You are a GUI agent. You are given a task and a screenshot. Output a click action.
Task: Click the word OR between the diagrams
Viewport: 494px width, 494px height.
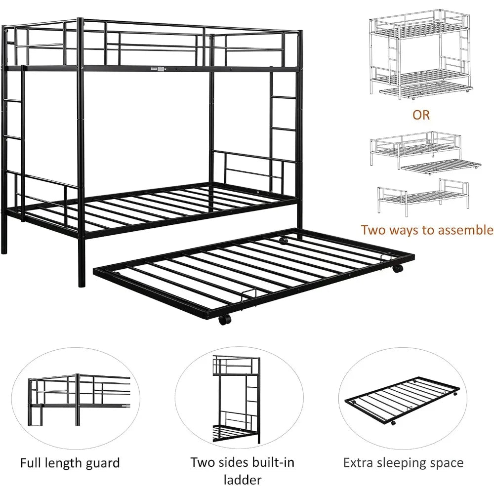click(421, 115)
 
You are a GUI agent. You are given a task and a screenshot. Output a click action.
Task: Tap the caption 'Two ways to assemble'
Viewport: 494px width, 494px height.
click(427, 230)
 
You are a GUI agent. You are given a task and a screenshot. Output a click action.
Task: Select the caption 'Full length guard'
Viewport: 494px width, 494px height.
click(70, 463)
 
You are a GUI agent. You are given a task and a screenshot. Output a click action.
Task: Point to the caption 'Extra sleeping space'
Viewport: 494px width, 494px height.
click(403, 463)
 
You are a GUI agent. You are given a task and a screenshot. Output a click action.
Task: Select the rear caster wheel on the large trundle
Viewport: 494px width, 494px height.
click(283, 241)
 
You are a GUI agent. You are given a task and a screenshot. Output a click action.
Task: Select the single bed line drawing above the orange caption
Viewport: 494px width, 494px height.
click(423, 200)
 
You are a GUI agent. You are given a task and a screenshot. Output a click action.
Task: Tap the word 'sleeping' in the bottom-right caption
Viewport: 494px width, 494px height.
click(404, 463)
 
